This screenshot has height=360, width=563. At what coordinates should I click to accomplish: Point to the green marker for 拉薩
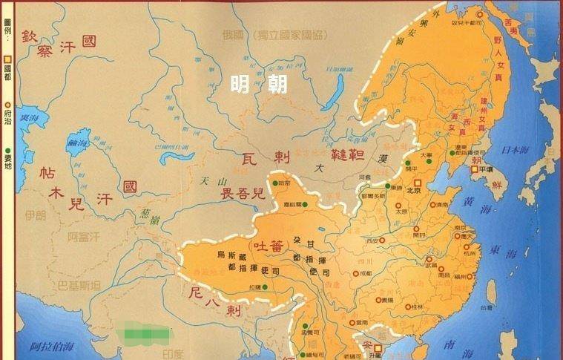(265, 286)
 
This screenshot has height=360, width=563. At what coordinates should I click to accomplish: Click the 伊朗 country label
(34, 216)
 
